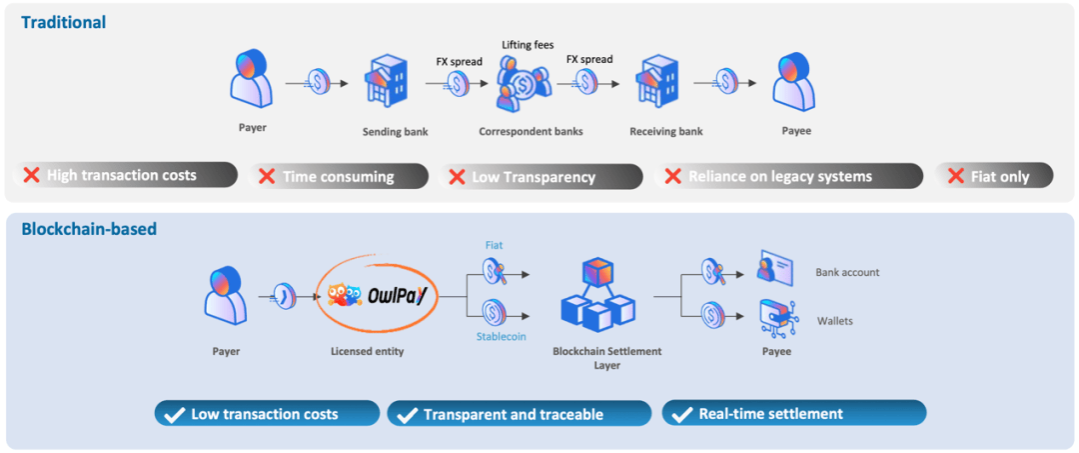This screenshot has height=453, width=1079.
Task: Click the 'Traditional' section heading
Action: coord(64,21)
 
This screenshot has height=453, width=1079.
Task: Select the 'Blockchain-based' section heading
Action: coord(89,229)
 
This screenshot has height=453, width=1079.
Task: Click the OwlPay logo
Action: coord(378,296)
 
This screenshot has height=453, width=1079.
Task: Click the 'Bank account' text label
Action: coord(848,272)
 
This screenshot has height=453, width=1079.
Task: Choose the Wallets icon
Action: coord(775,316)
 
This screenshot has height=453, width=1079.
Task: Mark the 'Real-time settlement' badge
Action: coord(793,413)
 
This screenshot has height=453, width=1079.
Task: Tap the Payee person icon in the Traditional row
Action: coord(793,82)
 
